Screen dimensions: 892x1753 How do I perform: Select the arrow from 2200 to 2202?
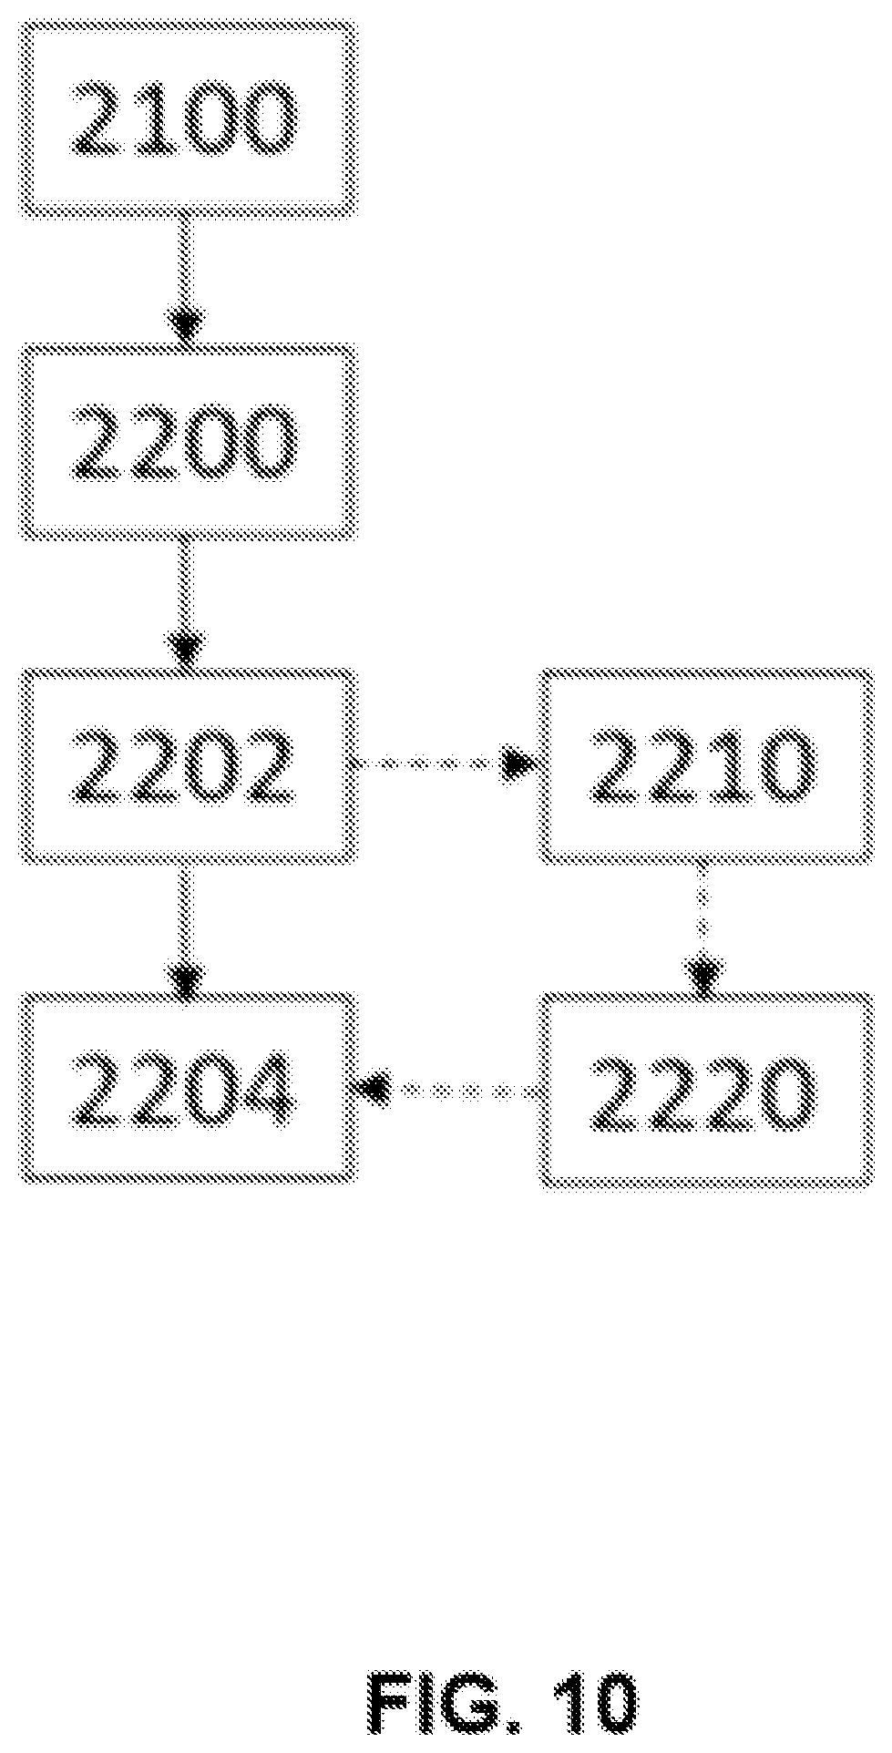186,603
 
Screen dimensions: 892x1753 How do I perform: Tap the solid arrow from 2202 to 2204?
186,927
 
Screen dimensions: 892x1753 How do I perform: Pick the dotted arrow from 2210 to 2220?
702,928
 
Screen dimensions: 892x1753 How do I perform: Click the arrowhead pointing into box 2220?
702,974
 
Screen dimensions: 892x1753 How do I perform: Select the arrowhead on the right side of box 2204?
375,1089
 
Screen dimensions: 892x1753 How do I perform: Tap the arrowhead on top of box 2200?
186,326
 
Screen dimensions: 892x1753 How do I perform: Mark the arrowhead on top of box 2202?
186,650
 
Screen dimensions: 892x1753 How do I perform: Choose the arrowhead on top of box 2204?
186,973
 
